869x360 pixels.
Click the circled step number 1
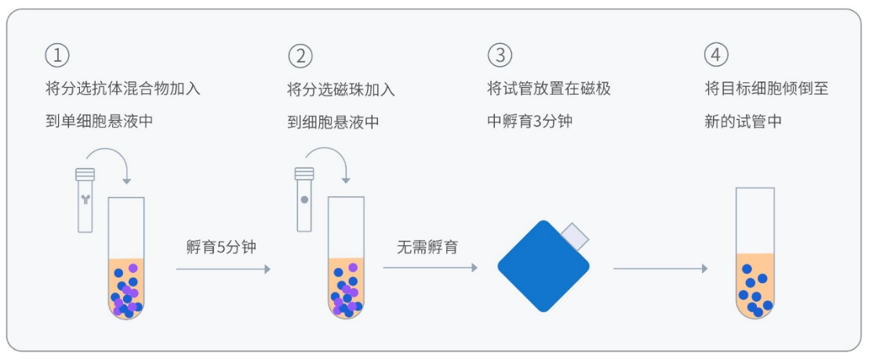[x=57, y=56]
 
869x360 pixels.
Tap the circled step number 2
[x=300, y=56]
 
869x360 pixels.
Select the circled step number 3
[x=500, y=56]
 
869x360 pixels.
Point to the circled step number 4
[x=716, y=56]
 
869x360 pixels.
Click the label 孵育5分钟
[x=221, y=247]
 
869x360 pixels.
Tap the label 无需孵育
[x=427, y=247]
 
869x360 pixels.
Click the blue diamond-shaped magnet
[x=543, y=266]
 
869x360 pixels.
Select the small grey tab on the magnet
[x=576, y=234]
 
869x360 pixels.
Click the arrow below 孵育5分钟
[x=223, y=269]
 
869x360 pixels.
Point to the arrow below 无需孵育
[x=430, y=269]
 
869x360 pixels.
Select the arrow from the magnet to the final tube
[x=660, y=269]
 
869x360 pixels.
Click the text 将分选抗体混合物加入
[x=123, y=89]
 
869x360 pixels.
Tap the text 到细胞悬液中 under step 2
[x=333, y=122]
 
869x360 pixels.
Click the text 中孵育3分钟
[x=530, y=122]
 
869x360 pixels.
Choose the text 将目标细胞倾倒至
[x=766, y=89]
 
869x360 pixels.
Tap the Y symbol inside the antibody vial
[x=85, y=201]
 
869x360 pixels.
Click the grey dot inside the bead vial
[x=304, y=200]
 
